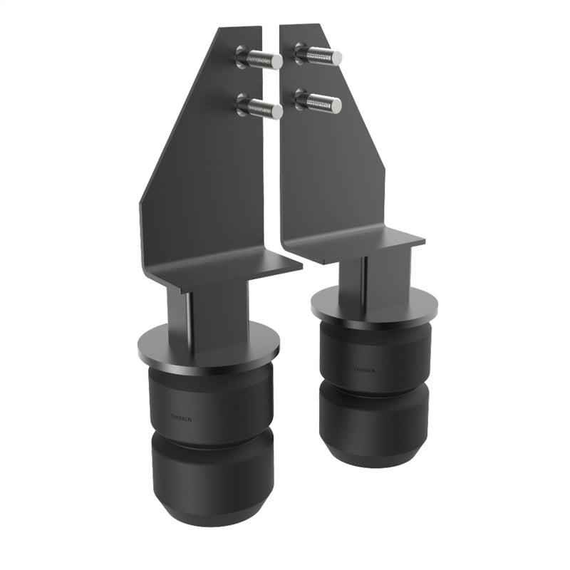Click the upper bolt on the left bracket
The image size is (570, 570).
(x=260, y=58)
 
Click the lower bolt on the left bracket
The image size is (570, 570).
(x=260, y=108)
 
